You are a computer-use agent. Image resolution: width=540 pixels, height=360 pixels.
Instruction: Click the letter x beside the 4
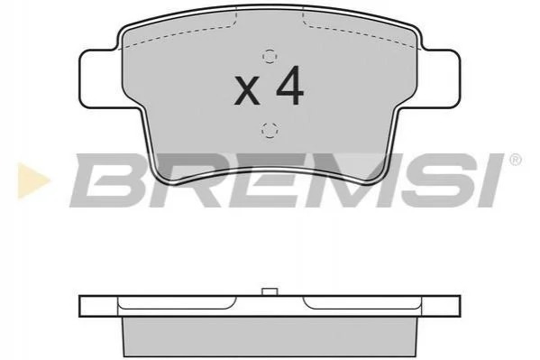[247, 91]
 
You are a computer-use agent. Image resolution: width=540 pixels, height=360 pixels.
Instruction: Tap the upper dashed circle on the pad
[270, 56]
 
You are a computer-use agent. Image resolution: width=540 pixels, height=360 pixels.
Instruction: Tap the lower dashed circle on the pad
[270, 130]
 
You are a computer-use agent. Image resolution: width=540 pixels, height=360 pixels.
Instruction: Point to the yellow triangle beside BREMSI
[32, 180]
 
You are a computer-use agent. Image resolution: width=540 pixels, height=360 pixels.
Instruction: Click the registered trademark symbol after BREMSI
[515, 161]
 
